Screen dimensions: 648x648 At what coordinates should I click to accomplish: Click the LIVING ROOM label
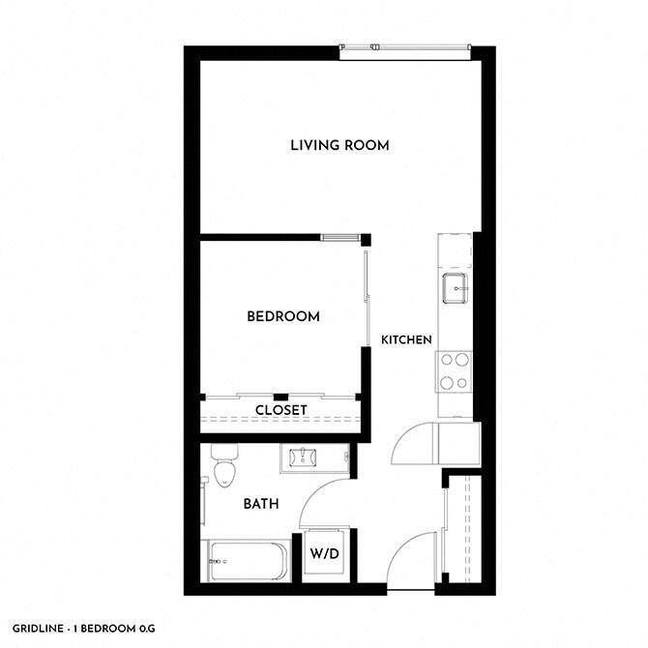coord(339,146)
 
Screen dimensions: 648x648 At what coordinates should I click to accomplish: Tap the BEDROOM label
coord(282,316)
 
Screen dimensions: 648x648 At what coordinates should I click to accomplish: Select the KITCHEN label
coord(405,339)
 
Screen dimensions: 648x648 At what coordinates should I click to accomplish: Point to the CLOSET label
coord(280,410)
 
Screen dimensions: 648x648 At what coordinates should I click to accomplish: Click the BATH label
coord(260,504)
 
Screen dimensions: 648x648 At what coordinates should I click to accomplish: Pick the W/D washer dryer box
coord(321,555)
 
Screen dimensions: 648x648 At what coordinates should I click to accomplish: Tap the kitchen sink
coord(455,286)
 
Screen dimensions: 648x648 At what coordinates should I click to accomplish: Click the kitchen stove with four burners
coord(455,370)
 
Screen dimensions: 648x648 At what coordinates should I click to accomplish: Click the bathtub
coord(247,561)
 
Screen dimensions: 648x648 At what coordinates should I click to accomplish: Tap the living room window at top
coord(404,50)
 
